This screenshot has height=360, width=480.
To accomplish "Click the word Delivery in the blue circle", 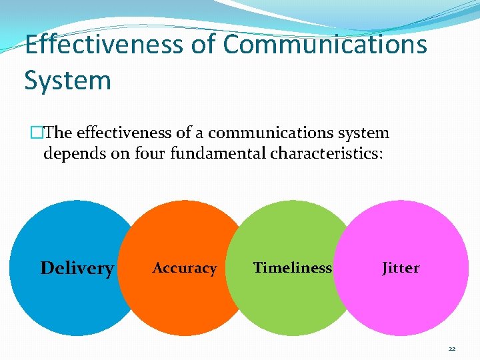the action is tap(77, 268).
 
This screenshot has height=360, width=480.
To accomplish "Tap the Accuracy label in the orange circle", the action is tap(185, 268).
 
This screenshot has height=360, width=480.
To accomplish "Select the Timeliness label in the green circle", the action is tap(293, 267).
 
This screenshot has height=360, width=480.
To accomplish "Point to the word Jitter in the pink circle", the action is tap(401, 268).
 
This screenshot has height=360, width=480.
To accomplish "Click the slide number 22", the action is tap(452, 349).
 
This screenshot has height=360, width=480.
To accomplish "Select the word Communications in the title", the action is tap(325, 44).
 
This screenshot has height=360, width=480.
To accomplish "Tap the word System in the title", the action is tap(67, 80).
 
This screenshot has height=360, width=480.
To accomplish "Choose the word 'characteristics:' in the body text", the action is tap(327, 154).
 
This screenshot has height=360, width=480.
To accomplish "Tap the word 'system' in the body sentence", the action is tap(360, 133).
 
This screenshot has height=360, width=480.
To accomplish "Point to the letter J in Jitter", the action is tap(385, 268).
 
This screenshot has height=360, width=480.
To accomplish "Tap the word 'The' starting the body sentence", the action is tap(46, 133).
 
